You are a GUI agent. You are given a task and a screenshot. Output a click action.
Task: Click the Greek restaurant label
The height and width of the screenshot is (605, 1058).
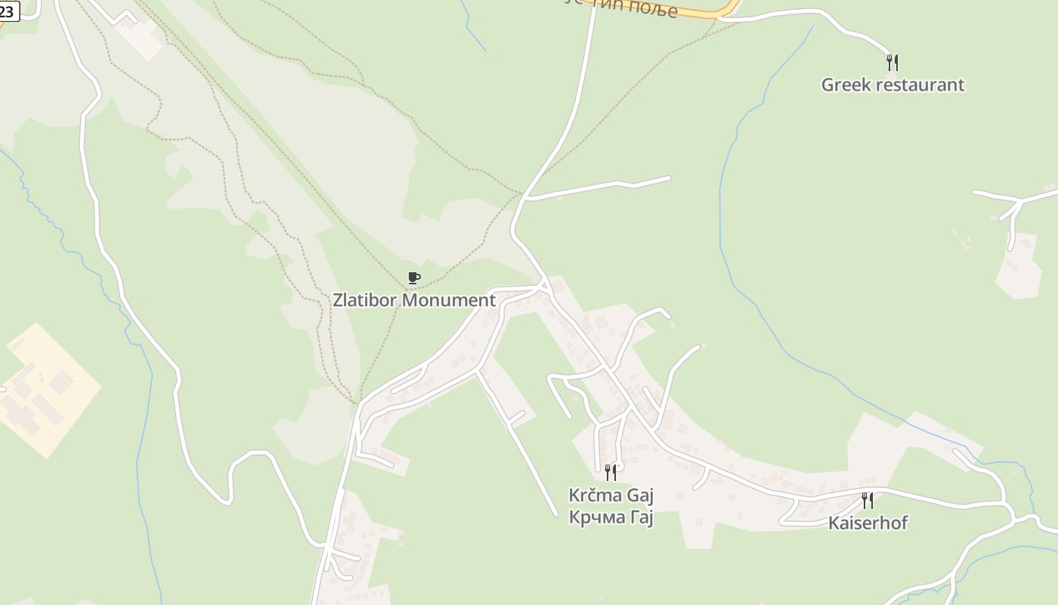pyautogui.click(x=892, y=85)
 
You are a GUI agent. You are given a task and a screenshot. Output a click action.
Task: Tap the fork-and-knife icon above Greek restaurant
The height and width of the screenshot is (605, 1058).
pyautogui.click(x=892, y=62)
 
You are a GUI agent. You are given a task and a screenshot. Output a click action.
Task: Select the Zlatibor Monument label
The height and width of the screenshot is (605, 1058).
pyautogui.click(x=414, y=300)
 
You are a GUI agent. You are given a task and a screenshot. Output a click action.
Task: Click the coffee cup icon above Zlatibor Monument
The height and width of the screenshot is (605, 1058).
pyautogui.click(x=413, y=278)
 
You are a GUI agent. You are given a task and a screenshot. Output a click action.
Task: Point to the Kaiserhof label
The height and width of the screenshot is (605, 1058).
pyautogui.click(x=868, y=523)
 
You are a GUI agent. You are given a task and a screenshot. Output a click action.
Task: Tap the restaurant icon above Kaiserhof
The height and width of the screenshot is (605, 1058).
pyautogui.click(x=868, y=500)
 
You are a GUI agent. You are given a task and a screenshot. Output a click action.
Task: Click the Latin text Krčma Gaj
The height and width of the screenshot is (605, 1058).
pyautogui.click(x=611, y=496)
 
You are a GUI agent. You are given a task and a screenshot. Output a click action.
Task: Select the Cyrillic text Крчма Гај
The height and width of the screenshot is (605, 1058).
pyautogui.click(x=611, y=518)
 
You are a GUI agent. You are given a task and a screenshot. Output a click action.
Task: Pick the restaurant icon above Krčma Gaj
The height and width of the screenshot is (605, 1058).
pyautogui.click(x=611, y=473)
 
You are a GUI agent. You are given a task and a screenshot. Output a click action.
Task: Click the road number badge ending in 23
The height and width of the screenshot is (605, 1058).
pyautogui.click(x=8, y=11)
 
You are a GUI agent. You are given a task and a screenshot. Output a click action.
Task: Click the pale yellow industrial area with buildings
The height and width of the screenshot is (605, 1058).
pyautogui.click(x=49, y=389)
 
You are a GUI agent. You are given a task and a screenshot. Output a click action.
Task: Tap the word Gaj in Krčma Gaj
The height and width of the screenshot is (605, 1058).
pyautogui.click(x=638, y=496)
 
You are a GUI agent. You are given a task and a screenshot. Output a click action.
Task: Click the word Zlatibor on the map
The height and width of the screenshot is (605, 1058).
pyautogui.click(x=365, y=300)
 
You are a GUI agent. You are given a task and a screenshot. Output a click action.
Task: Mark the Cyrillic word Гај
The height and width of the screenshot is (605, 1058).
pyautogui.click(x=642, y=518)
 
